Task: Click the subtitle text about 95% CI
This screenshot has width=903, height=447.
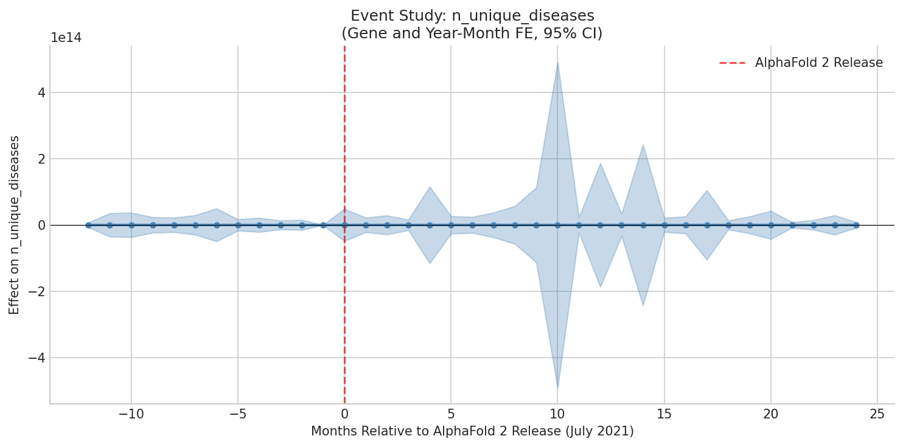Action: [472, 33]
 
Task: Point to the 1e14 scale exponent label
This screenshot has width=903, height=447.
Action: [66, 38]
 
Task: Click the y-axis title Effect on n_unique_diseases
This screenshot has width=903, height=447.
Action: [15, 224]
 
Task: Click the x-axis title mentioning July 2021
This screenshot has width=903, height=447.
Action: [472, 431]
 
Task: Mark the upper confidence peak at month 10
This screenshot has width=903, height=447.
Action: [557, 62]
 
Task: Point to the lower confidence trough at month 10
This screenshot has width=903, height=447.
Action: [557, 387]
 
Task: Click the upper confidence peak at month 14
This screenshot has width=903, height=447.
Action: [643, 145]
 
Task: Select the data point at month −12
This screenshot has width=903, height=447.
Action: [88, 225]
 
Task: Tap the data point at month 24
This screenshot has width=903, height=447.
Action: [856, 225]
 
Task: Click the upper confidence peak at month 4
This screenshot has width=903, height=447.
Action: [430, 187]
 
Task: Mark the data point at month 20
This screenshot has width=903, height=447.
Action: [770, 225]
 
